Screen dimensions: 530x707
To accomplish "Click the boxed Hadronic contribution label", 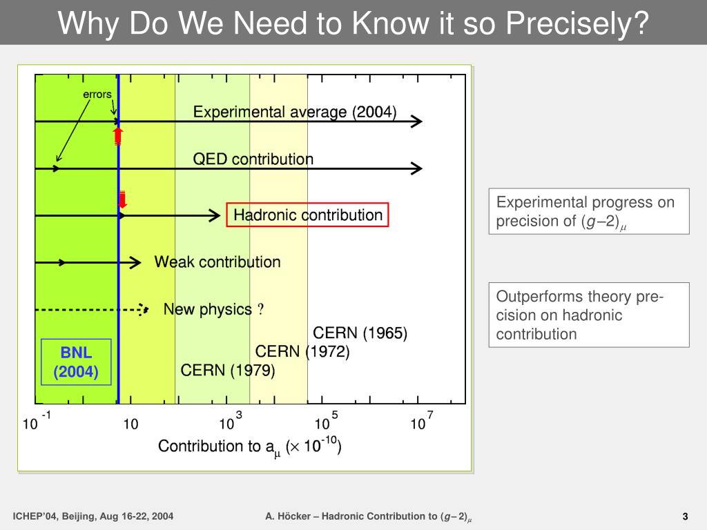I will tap(308, 215).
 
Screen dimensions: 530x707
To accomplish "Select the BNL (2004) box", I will tap(76, 362).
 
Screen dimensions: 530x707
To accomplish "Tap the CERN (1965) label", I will tap(360, 333).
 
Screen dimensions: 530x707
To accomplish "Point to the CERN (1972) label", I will tap(302, 352).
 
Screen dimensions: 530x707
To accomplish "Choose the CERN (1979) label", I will tap(228, 371).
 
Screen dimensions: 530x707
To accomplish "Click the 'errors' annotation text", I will tap(97, 94).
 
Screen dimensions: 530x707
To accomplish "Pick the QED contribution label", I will tap(253, 159).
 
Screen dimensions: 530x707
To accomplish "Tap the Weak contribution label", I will tap(217, 262).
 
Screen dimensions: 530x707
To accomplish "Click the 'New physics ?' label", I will tap(213, 310).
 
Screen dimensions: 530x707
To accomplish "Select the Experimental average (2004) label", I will tap(294, 112).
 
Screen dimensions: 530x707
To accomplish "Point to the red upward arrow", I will tap(118, 135).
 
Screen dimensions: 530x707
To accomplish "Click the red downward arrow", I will tap(122, 199).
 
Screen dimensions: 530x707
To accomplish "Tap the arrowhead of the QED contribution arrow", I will tap(416, 168).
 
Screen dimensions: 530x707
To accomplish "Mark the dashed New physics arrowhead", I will tap(143, 310).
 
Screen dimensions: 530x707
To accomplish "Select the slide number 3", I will tap(686, 516).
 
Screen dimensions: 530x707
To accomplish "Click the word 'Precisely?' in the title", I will tap(577, 23).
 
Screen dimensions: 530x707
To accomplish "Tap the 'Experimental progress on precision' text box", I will tap(588, 212).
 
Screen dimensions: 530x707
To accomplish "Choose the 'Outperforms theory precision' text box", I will tap(588, 315).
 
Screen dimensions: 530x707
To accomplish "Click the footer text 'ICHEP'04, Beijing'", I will tap(93, 516).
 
